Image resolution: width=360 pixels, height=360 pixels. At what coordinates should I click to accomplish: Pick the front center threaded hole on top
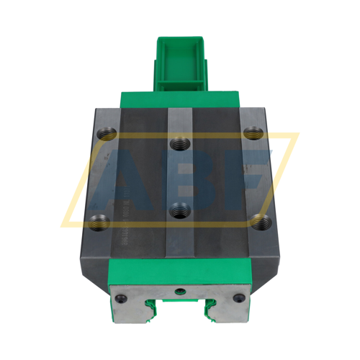coord(180,210)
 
